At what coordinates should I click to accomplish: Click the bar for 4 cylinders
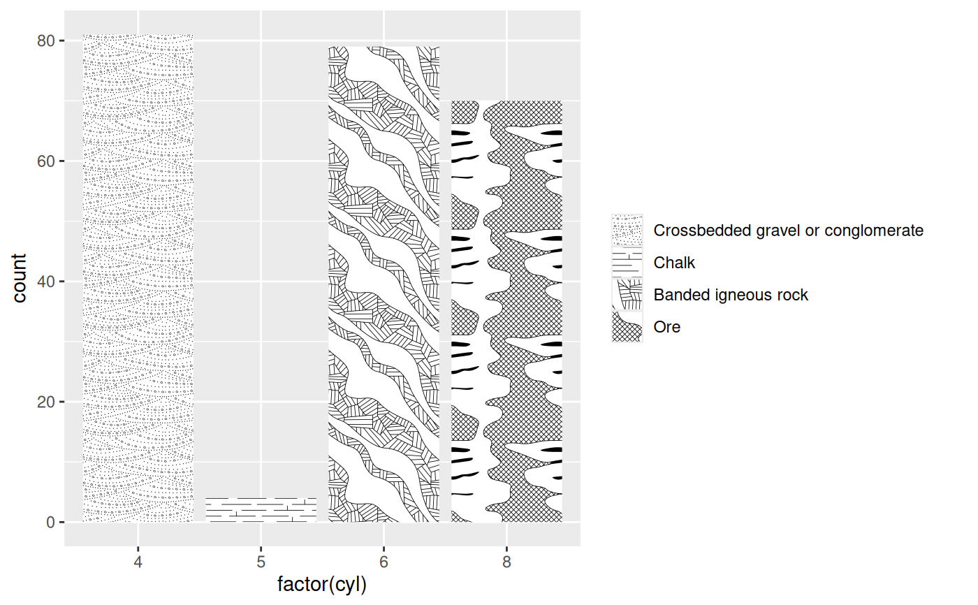pyautogui.click(x=138, y=279)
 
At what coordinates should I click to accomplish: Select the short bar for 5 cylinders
pyautogui.click(x=261, y=510)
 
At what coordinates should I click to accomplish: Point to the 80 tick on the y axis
pyautogui.click(x=46, y=41)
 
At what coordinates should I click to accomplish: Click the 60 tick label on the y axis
pyautogui.click(x=46, y=161)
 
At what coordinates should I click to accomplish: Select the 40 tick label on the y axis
pyautogui.click(x=46, y=282)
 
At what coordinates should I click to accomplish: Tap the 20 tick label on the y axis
pyautogui.click(x=46, y=402)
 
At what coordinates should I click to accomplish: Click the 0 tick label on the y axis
pyautogui.click(x=50, y=523)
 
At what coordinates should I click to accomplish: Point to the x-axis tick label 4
pyautogui.click(x=138, y=562)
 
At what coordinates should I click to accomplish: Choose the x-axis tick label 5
pyautogui.click(x=261, y=562)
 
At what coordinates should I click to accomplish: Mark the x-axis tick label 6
pyautogui.click(x=384, y=562)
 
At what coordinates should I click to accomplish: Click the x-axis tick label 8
pyautogui.click(x=506, y=562)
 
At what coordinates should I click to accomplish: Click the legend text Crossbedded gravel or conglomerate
pyautogui.click(x=788, y=231)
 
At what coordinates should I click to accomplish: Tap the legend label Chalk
pyautogui.click(x=674, y=263)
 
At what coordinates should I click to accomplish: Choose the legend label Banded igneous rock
pyautogui.click(x=731, y=295)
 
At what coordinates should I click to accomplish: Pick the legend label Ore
pyautogui.click(x=666, y=327)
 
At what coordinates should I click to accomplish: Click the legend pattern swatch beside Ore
pyautogui.click(x=627, y=327)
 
